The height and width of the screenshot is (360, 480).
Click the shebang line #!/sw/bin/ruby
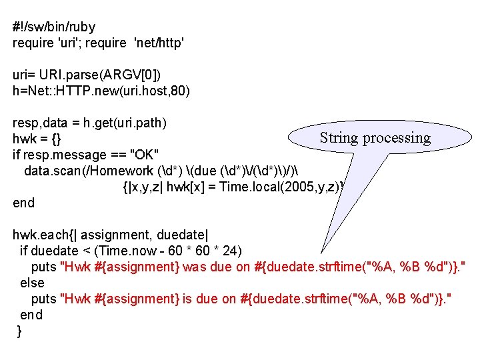click(54, 27)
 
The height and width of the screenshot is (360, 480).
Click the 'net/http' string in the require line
click(159, 43)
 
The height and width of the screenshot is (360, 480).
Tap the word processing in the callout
click(397, 138)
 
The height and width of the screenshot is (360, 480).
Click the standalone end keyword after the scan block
click(23, 203)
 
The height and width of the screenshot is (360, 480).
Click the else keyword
click(32, 283)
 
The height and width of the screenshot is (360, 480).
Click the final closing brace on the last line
click(19, 331)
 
